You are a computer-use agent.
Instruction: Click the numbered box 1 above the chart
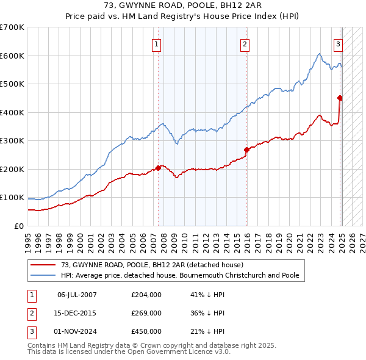[157, 43]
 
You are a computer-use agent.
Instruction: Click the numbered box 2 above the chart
[244, 43]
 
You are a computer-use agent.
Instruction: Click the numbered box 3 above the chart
[338, 43]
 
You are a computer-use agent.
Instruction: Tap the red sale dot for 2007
[159, 168]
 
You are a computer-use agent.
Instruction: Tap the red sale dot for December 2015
[246, 149]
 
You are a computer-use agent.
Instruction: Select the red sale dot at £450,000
[340, 98]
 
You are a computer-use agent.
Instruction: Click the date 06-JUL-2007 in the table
[77, 295]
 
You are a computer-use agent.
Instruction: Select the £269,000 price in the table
[146, 313]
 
